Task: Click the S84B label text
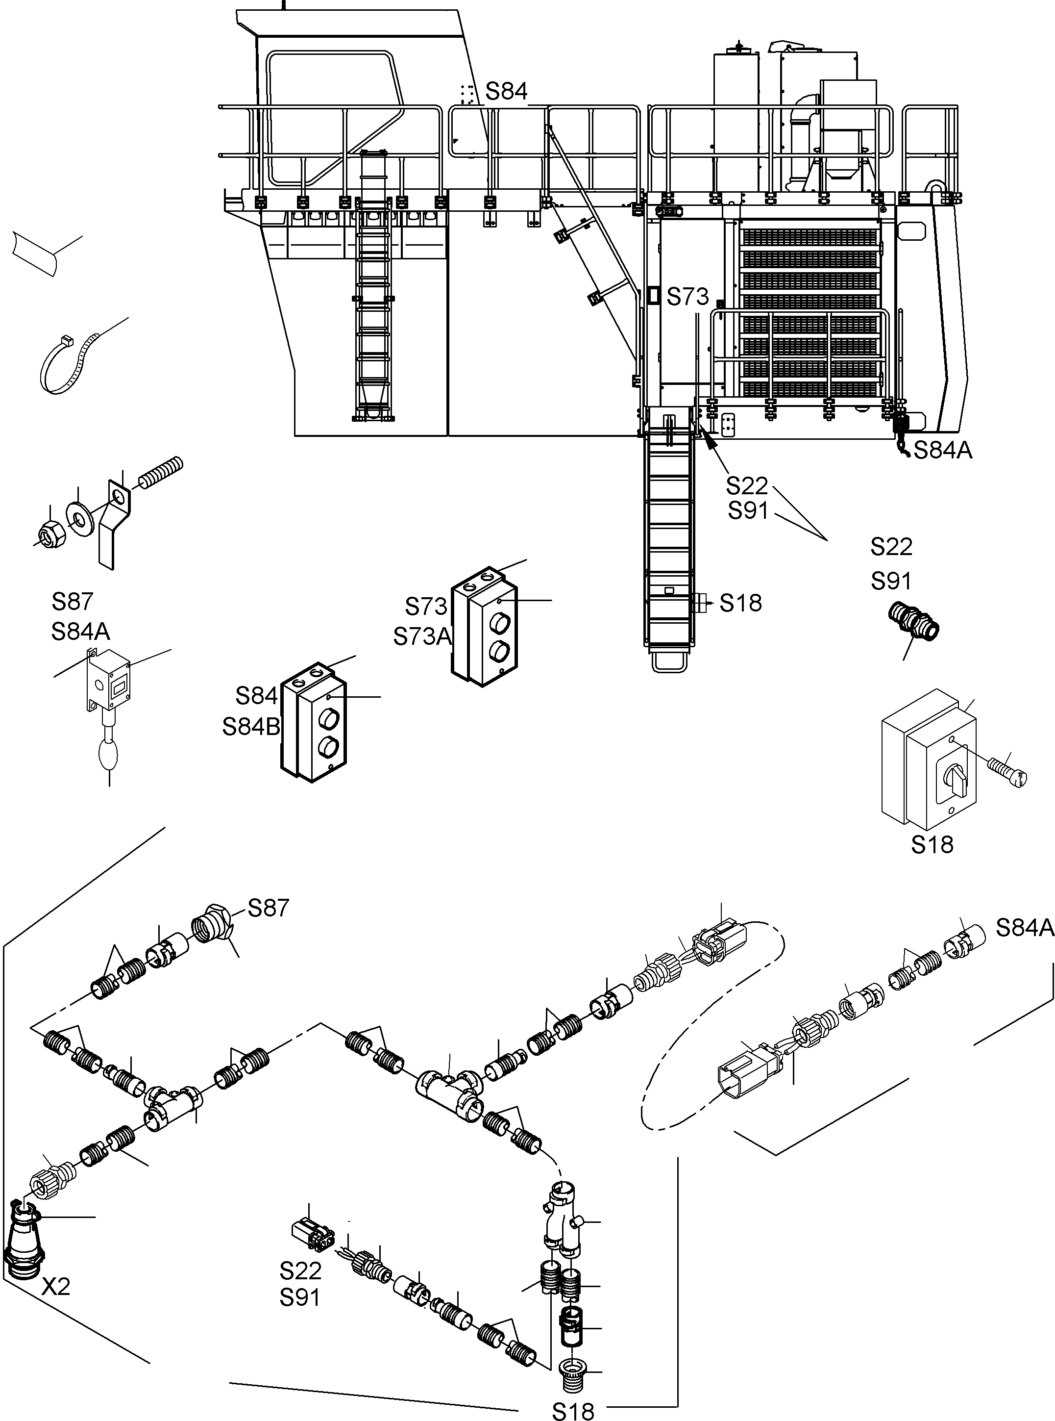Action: [251, 727]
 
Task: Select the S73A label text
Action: [422, 636]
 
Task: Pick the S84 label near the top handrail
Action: [506, 91]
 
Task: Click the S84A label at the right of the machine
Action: [943, 451]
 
